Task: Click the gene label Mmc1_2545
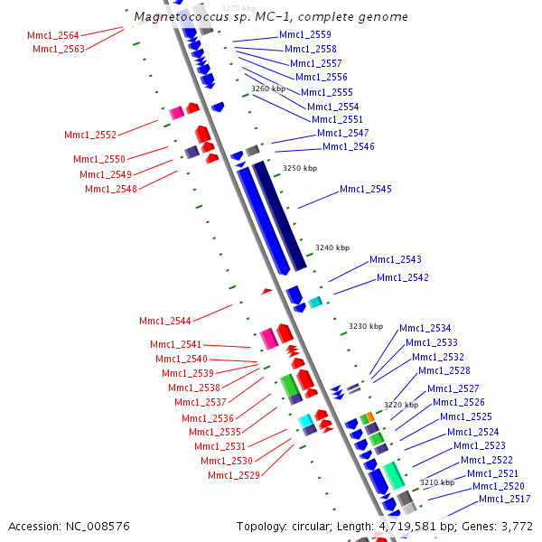366,189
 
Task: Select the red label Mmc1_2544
165,321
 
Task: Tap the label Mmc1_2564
53,35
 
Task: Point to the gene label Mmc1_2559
305,34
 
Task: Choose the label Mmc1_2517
505,500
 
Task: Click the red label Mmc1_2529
234,476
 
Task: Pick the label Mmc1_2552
90,135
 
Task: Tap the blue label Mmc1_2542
403,277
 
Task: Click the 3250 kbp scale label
300,168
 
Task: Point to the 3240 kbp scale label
332,248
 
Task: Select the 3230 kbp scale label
366,327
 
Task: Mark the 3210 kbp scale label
437,482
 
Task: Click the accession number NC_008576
98,527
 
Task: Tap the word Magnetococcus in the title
182,17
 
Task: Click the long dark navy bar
279,216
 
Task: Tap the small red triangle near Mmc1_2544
266,292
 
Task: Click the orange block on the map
369,416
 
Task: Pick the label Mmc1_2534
425,328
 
